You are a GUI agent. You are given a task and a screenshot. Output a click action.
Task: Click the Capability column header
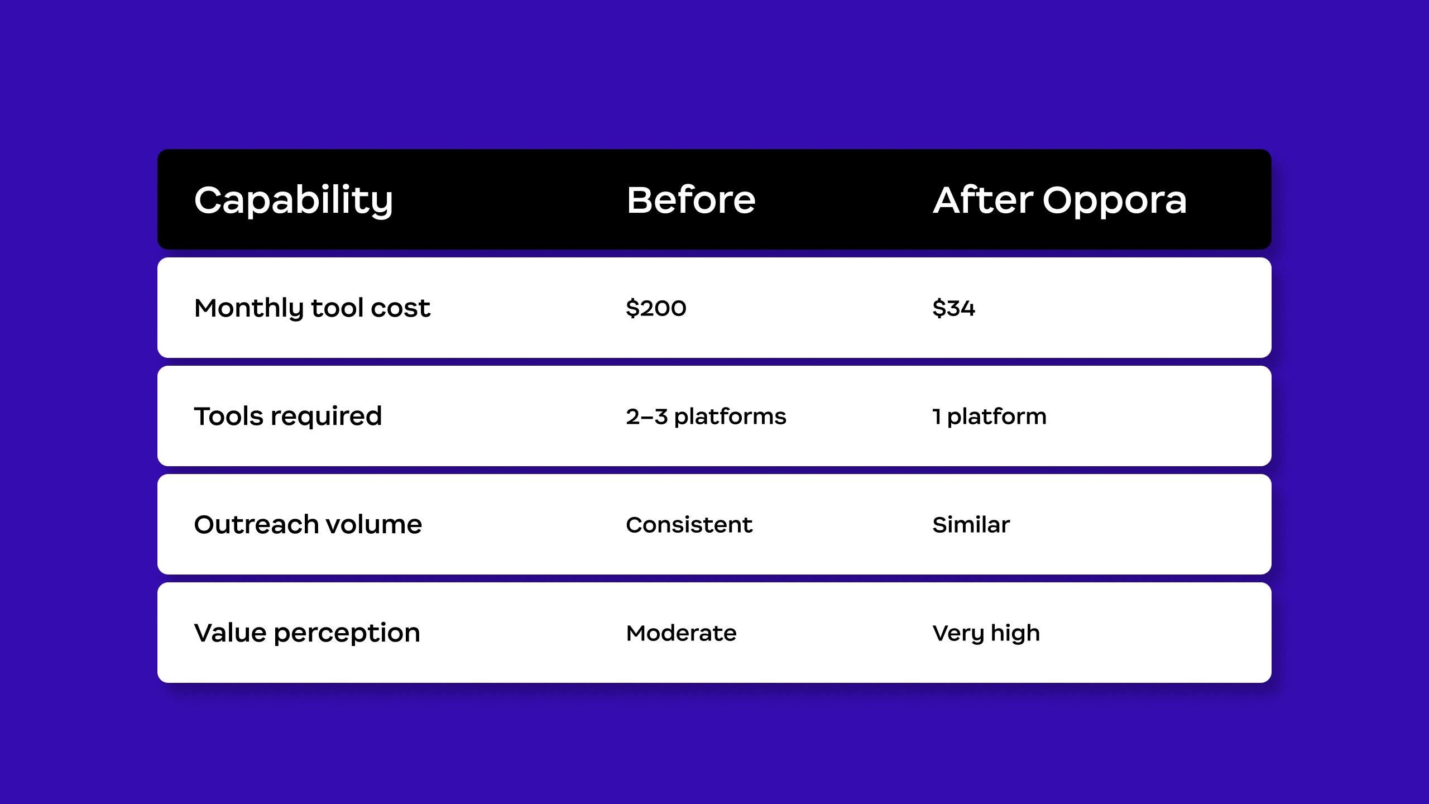click(x=294, y=200)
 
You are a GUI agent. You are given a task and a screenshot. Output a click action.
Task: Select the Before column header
click(x=691, y=200)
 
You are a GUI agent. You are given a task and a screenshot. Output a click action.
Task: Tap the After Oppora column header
click(x=1059, y=200)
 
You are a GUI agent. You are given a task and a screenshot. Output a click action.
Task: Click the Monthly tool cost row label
click(x=312, y=308)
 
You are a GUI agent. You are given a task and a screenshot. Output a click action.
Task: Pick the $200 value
click(x=656, y=308)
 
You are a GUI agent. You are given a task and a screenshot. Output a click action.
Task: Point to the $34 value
click(x=953, y=308)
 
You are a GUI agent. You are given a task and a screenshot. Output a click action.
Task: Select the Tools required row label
click(x=288, y=417)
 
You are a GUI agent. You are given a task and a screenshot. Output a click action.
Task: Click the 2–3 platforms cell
click(x=706, y=417)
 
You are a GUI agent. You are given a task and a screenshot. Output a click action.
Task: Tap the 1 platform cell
click(x=990, y=417)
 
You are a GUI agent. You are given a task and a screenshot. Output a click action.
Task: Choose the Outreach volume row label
click(x=308, y=525)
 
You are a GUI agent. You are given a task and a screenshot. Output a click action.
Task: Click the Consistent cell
click(x=689, y=525)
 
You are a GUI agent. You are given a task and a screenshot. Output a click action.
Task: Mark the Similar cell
click(x=971, y=525)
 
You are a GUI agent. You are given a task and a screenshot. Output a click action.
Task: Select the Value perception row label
click(x=307, y=633)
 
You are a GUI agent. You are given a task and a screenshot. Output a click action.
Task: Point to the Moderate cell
click(x=682, y=633)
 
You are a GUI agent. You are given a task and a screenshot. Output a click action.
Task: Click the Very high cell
click(x=986, y=633)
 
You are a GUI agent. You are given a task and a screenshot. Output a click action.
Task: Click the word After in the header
click(x=983, y=200)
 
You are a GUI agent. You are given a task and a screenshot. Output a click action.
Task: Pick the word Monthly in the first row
click(x=248, y=308)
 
